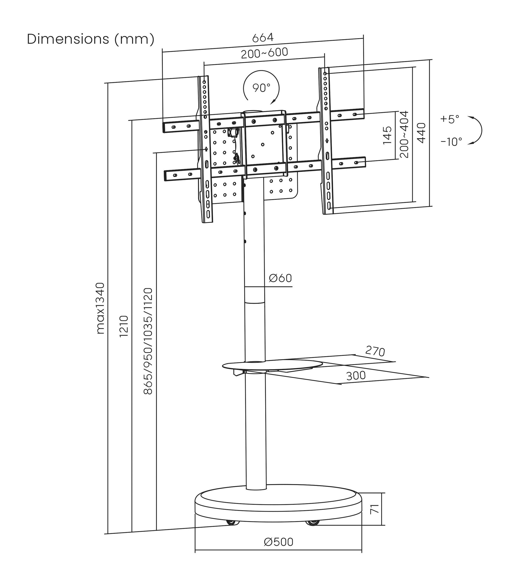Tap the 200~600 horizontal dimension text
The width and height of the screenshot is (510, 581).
coord(264,53)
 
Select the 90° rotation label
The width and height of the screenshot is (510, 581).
coord(261,88)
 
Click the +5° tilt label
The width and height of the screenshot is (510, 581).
coord(450,119)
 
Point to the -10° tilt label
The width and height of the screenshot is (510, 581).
coord(451,142)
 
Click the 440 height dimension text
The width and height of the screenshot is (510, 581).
coord(421,133)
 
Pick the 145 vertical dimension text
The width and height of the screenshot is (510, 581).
coord(387,135)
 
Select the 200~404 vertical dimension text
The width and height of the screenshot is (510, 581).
coord(404,134)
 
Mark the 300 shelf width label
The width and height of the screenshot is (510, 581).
coord(356,376)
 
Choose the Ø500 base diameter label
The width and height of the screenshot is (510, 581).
coord(278,542)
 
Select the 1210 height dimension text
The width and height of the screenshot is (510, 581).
coord(124,326)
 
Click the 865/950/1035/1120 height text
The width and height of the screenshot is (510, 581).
coord(148,341)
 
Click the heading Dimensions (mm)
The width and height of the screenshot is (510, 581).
coord(91,39)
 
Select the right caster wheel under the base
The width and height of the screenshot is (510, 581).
coord(313,522)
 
